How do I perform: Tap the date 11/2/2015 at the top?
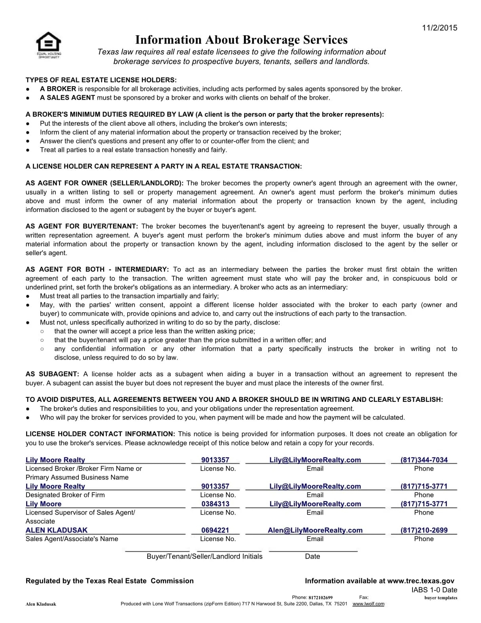coord(439,28)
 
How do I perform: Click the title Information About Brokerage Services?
coord(241,40)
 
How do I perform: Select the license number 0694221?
coord(215,530)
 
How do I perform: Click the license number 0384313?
coord(215,504)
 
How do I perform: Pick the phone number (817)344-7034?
coord(424,460)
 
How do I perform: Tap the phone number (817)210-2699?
coord(424,530)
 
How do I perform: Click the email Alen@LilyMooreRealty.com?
coord(315,530)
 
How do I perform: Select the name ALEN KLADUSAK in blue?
coord(57,530)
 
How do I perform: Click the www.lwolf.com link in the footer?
coord(368,604)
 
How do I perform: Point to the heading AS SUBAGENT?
coord(52,374)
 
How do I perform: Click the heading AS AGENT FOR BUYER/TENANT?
coord(82,226)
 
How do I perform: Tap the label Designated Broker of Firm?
coord(65,495)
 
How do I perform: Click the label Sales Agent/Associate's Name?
coord(72,539)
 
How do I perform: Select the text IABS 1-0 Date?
coord(434,590)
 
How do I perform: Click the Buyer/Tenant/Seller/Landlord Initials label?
coord(204,556)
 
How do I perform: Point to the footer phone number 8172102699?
coord(320,598)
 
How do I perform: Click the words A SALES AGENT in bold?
coord(67,98)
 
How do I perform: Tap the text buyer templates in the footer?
coord(441,598)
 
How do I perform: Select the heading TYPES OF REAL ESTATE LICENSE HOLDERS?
coord(101,80)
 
